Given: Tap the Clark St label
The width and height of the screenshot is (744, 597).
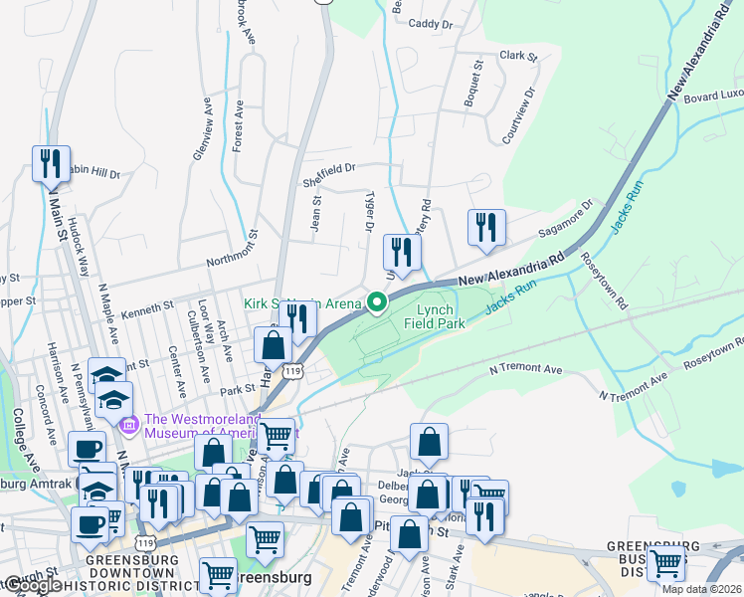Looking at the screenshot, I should point(518,56).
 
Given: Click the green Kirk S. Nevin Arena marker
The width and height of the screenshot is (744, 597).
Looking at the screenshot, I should point(377,302).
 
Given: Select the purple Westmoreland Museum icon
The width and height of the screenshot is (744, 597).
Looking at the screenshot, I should point(128,426).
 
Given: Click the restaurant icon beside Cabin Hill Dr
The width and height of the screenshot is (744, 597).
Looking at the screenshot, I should point(51,163).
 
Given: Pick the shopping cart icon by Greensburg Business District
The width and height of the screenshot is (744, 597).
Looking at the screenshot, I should point(665,563).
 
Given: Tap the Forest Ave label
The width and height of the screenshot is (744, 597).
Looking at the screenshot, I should point(238,124).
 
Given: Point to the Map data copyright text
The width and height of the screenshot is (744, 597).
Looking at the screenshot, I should point(701,589).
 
